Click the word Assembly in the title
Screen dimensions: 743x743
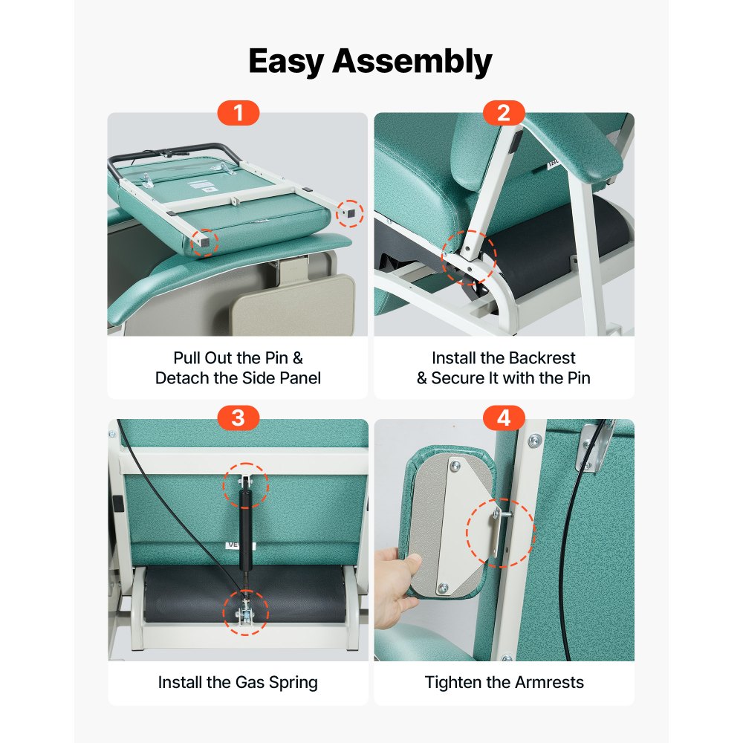pos(412,62)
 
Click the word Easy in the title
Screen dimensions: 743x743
pos(286,62)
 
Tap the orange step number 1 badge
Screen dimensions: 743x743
pos(239,113)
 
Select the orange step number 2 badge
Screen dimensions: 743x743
pos(504,113)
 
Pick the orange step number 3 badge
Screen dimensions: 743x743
pos(239,418)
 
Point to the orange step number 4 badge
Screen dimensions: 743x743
pos(504,418)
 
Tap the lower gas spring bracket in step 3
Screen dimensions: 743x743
pos(246,611)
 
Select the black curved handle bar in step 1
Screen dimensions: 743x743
pos(174,155)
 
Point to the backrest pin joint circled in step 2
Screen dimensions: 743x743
pos(468,259)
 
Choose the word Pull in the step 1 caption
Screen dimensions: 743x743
pos(187,358)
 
